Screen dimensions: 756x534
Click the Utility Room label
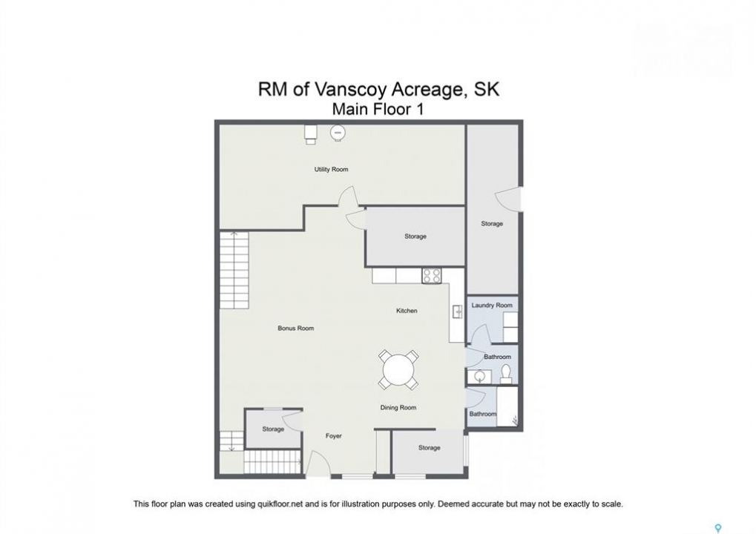click(331, 169)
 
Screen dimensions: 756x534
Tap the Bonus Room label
click(295, 329)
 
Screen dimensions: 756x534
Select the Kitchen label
click(407, 311)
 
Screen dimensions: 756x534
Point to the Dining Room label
click(398, 408)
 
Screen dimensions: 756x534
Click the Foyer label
click(333, 436)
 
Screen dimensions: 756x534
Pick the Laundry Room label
click(492, 305)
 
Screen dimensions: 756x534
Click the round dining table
click(398, 370)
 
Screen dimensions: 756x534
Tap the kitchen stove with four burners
click(432, 276)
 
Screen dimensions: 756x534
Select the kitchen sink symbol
click(457, 311)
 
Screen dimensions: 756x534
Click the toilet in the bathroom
click(506, 375)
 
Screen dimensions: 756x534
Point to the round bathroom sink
click(479, 376)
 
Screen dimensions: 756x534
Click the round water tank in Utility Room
click(338, 133)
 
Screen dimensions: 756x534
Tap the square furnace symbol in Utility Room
click(311, 134)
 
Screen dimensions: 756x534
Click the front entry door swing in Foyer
click(318, 463)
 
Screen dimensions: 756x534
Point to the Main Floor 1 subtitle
click(378, 109)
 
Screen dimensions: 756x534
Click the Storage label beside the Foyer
click(273, 429)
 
